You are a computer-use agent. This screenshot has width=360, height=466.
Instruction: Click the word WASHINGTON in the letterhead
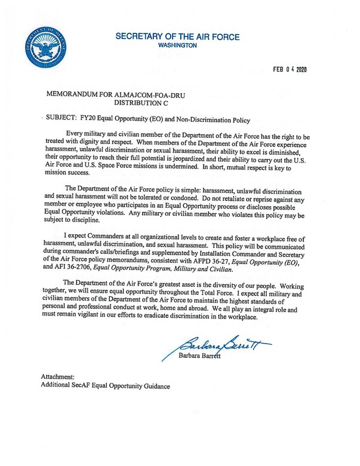[177, 45]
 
